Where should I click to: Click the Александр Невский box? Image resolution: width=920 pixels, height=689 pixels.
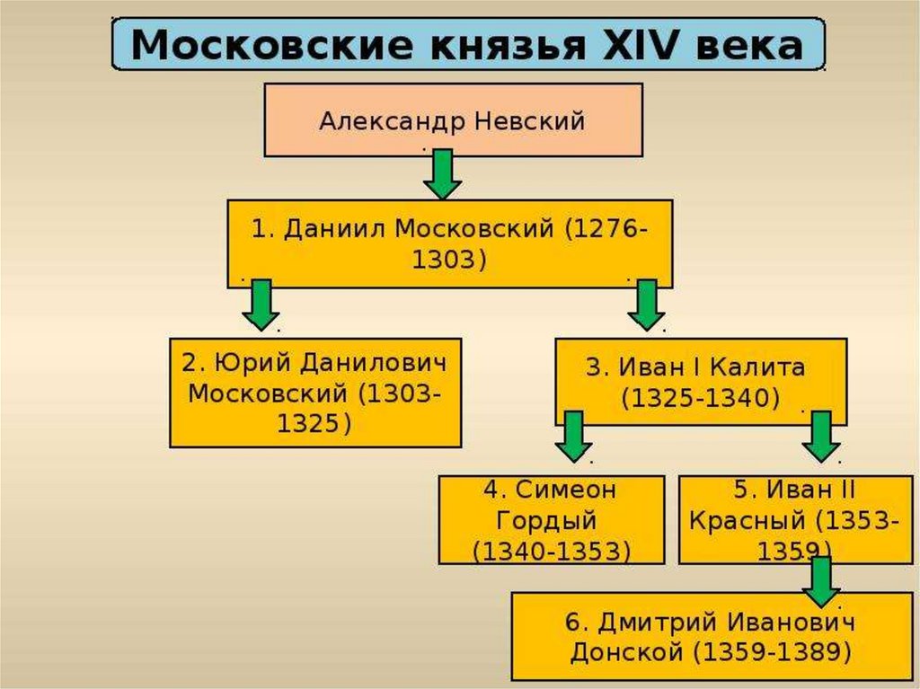coord(453,119)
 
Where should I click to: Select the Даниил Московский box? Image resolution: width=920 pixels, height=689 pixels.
coord(449,243)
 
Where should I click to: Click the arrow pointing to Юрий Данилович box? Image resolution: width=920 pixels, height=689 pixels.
coord(261,304)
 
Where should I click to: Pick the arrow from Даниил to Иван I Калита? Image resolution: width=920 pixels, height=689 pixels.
coord(646,304)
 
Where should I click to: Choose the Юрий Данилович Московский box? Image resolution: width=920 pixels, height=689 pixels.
coord(315,392)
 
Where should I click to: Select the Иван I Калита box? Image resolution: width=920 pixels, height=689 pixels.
coord(700,381)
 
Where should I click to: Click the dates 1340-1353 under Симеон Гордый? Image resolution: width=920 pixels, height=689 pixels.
coord(552,550)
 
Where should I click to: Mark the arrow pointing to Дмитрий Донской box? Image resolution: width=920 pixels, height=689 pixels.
coord(821,580)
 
